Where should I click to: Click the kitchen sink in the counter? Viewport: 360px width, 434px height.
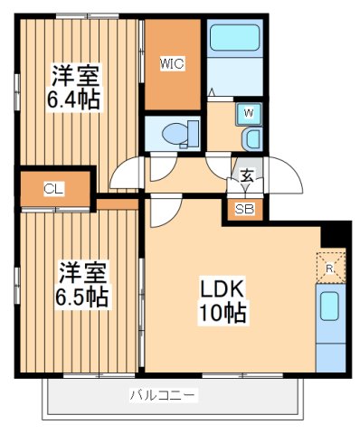(x=329, y=307)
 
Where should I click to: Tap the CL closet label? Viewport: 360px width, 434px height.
(x=53, y=189)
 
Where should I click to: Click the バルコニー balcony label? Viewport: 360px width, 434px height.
(x=163, y=395)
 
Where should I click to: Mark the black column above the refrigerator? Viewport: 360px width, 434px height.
(x=334, y=234)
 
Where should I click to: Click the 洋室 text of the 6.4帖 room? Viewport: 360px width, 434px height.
(x=73, y=73)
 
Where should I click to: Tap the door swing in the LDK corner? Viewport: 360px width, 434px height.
(x=161, y=214)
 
